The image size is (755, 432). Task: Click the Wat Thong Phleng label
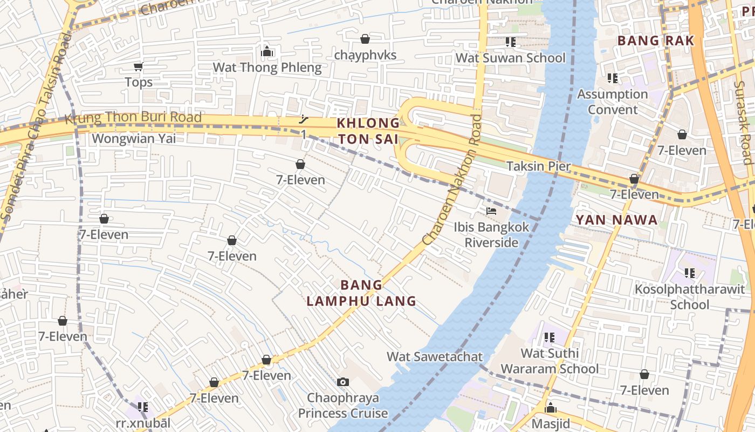[x=267, y=67]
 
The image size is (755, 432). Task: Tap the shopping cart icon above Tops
[x=139, y=67]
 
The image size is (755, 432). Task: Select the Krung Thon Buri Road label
[x=133, y=118]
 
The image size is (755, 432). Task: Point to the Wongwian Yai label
[x=134, y=139]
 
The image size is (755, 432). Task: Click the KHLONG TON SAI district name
[x=368, y=131]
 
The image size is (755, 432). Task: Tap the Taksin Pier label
[x=538, y=166]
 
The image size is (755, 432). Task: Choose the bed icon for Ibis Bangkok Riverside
[x=491, y=211]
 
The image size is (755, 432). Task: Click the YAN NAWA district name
[x=616, y=220]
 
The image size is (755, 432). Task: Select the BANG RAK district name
[x=655, y=41]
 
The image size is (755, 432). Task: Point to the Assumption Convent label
[x=613, y=102]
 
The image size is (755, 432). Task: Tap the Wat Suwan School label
[x=511, y=58]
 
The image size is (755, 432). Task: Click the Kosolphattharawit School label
[x=690, y=297]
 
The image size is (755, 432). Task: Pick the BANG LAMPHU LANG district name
[x=361, y=293]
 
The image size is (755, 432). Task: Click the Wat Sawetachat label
[x=435, y=356]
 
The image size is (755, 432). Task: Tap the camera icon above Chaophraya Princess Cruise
[x=342, y=382]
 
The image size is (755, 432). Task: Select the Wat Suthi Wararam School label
[x=550, y=361]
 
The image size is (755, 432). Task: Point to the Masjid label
[x=551, y=423]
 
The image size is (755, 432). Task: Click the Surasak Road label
[x=744, y=122]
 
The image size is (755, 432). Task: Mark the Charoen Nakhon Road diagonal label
[x=452, y=179]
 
